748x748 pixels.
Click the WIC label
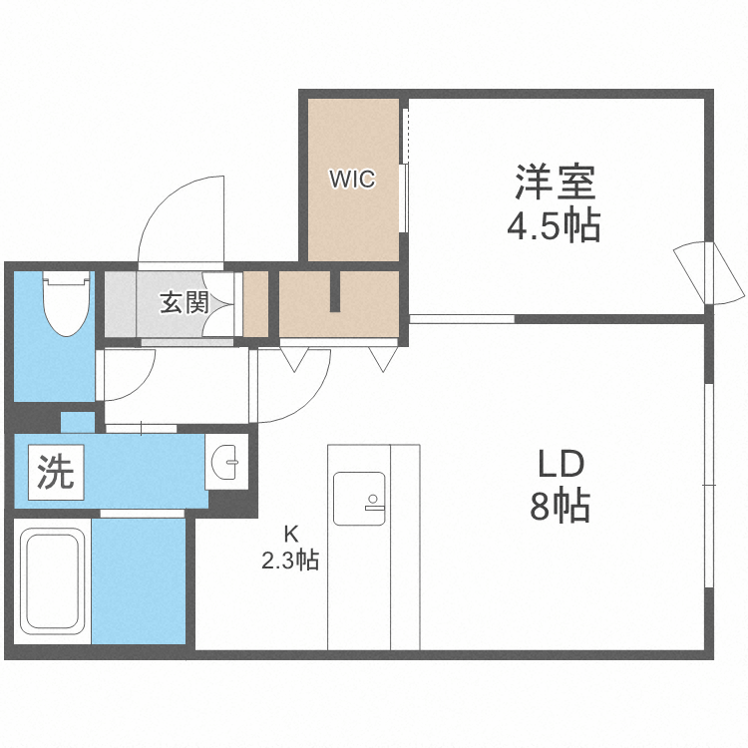pyautogui.click(x=352, y=180)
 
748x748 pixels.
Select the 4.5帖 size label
pyautogui.click(x=554, y=227)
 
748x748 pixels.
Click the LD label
pyautogui.click(x=560, y=465)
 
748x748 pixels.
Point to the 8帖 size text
pyautogui.click(x=560, y=509)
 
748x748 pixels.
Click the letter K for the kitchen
pyautogui.click(x=289, y=531)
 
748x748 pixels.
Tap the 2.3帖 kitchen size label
pyautogui.click(x=289, y=561)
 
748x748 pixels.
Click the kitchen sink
pyautogui.click(x=359, y=497)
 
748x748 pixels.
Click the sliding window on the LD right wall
pyautogui.click(x=707, y=484)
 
